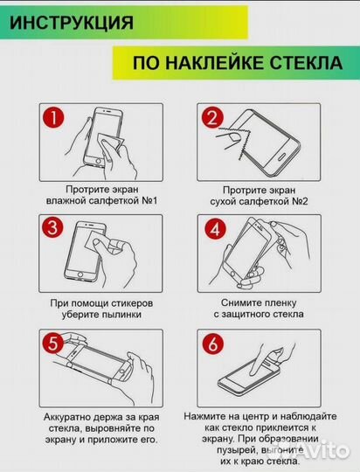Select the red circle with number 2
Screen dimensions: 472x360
pyautogui.click(x=211, y=118)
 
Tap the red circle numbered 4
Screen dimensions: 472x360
pyautogui.click(x=211, y=229)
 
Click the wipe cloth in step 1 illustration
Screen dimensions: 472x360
pyautogui.click(x=113, y=141)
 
